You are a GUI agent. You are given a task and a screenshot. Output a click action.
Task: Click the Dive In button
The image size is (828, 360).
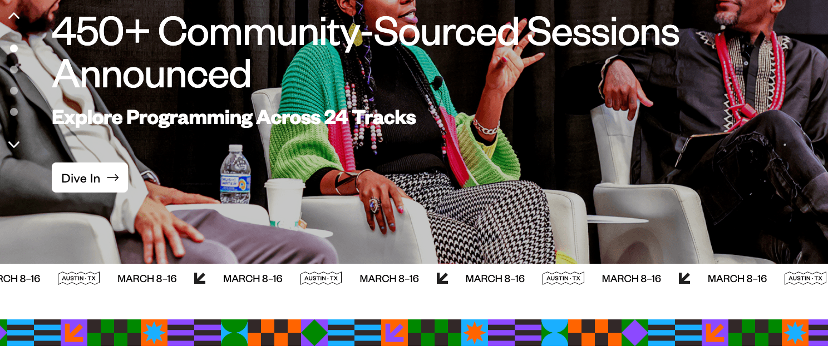(x=90, y=178)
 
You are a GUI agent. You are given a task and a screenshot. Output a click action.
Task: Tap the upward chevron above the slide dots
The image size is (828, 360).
(x=14, y=16)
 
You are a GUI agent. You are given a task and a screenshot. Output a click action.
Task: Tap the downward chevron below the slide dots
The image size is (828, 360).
(x=14, y=145)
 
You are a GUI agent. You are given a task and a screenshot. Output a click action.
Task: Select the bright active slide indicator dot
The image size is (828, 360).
(x=14, y=48)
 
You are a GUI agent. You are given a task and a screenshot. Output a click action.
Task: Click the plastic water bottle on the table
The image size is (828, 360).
(x=235, y=175)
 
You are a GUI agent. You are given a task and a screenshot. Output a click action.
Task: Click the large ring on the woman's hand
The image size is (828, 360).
(x=375, y=204)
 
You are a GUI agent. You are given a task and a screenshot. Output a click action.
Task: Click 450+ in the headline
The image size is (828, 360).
(x=100, y=32)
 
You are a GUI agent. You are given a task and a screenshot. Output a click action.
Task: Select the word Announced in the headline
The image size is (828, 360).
(x=151, y=75)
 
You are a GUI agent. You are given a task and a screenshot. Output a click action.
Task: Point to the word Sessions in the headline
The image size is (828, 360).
(x=603, y=32)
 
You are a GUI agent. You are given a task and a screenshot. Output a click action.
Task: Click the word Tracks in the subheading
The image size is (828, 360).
(x=384, y=117)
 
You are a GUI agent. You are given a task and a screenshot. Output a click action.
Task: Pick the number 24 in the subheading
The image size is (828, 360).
(x=336, y=117)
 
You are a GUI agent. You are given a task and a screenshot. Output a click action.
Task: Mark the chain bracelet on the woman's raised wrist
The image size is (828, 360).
(x=486, y=127)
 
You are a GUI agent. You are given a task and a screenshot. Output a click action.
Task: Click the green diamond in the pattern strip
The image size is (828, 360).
(x=314, y=333)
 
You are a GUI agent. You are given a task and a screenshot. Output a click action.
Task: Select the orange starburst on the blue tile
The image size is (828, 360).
(x=475, y=333)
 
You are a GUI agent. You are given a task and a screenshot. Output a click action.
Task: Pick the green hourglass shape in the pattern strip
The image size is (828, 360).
(x=234, y=333)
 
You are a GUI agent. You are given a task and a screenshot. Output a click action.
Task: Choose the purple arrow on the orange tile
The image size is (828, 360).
(x=395, y=333)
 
